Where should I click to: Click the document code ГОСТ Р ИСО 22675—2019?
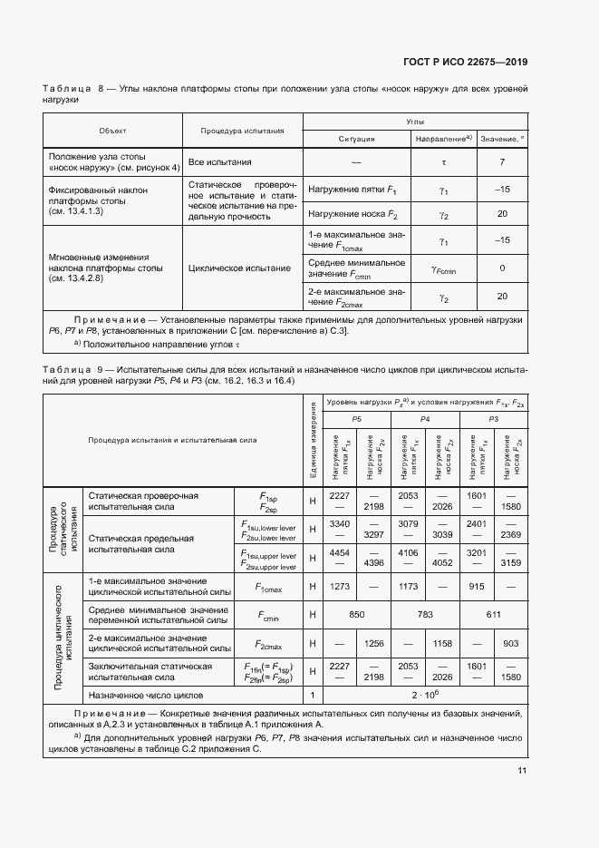[x=465, y=63]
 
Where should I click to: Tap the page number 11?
[x=521, y=771]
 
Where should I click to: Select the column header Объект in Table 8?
[x=112, y=131]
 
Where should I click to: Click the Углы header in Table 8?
[x=415, y=121]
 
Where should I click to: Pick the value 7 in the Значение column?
[x=502, y=161]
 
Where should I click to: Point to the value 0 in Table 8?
[x=502, y=268]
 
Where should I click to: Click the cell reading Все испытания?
[x=219, y=161]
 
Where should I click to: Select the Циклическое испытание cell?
[x=240, y=268]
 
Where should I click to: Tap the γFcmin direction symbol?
[x=444, y=268]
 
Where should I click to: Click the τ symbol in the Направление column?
[x=444, y=161]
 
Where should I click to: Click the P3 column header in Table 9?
[x=493, y=417]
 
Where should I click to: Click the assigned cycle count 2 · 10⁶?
[x=424, y=695]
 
